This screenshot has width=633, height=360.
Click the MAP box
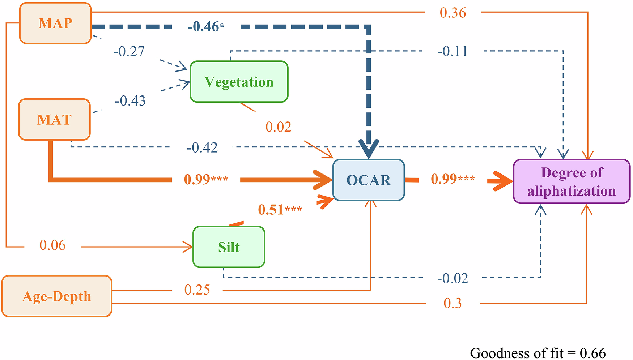point(55,23)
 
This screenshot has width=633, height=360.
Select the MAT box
point(54,119)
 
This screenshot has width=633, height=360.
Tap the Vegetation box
point(239,82)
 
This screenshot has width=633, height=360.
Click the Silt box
point(229,247)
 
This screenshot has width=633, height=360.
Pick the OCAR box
point(368,180)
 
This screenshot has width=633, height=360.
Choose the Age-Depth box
point(57,296)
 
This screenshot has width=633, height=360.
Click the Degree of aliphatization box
point(572,181)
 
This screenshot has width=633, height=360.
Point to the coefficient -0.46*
point(206,27)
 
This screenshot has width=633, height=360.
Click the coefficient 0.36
point(453,13)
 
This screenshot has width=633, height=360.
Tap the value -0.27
point(129,52)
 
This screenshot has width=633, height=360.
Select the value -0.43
point(130,101)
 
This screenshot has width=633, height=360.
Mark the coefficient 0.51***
point(280,210)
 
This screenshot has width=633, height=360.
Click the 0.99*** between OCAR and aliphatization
point(453,179)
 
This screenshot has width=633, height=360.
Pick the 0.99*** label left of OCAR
point(206,179)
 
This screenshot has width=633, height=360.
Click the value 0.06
point(52,245)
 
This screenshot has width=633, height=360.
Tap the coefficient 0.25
point(197,290)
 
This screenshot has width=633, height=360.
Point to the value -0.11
point(453,51)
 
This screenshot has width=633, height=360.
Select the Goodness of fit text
point(538,353)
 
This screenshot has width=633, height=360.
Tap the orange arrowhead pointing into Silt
point(188,247)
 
